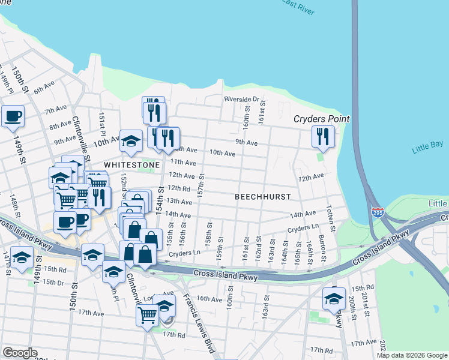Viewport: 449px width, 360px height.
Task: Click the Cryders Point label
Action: (x=321, y=119)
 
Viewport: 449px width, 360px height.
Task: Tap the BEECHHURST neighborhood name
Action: (x=262, y=197)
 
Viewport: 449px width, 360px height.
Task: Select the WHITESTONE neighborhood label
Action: (x=131, y=164)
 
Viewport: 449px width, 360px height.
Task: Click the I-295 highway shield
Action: (x=377, y=212)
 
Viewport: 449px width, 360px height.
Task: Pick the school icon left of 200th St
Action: (x=334, y=299)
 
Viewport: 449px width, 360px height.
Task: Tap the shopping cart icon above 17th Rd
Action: (x=147, y=313)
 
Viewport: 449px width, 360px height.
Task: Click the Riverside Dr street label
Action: (x=241, y=99)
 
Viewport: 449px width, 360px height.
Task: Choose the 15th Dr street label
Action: (x=53, y=282)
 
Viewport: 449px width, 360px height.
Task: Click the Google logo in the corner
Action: (x=20, y=353)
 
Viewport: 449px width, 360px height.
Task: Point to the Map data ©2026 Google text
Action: (x=412, y=355)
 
